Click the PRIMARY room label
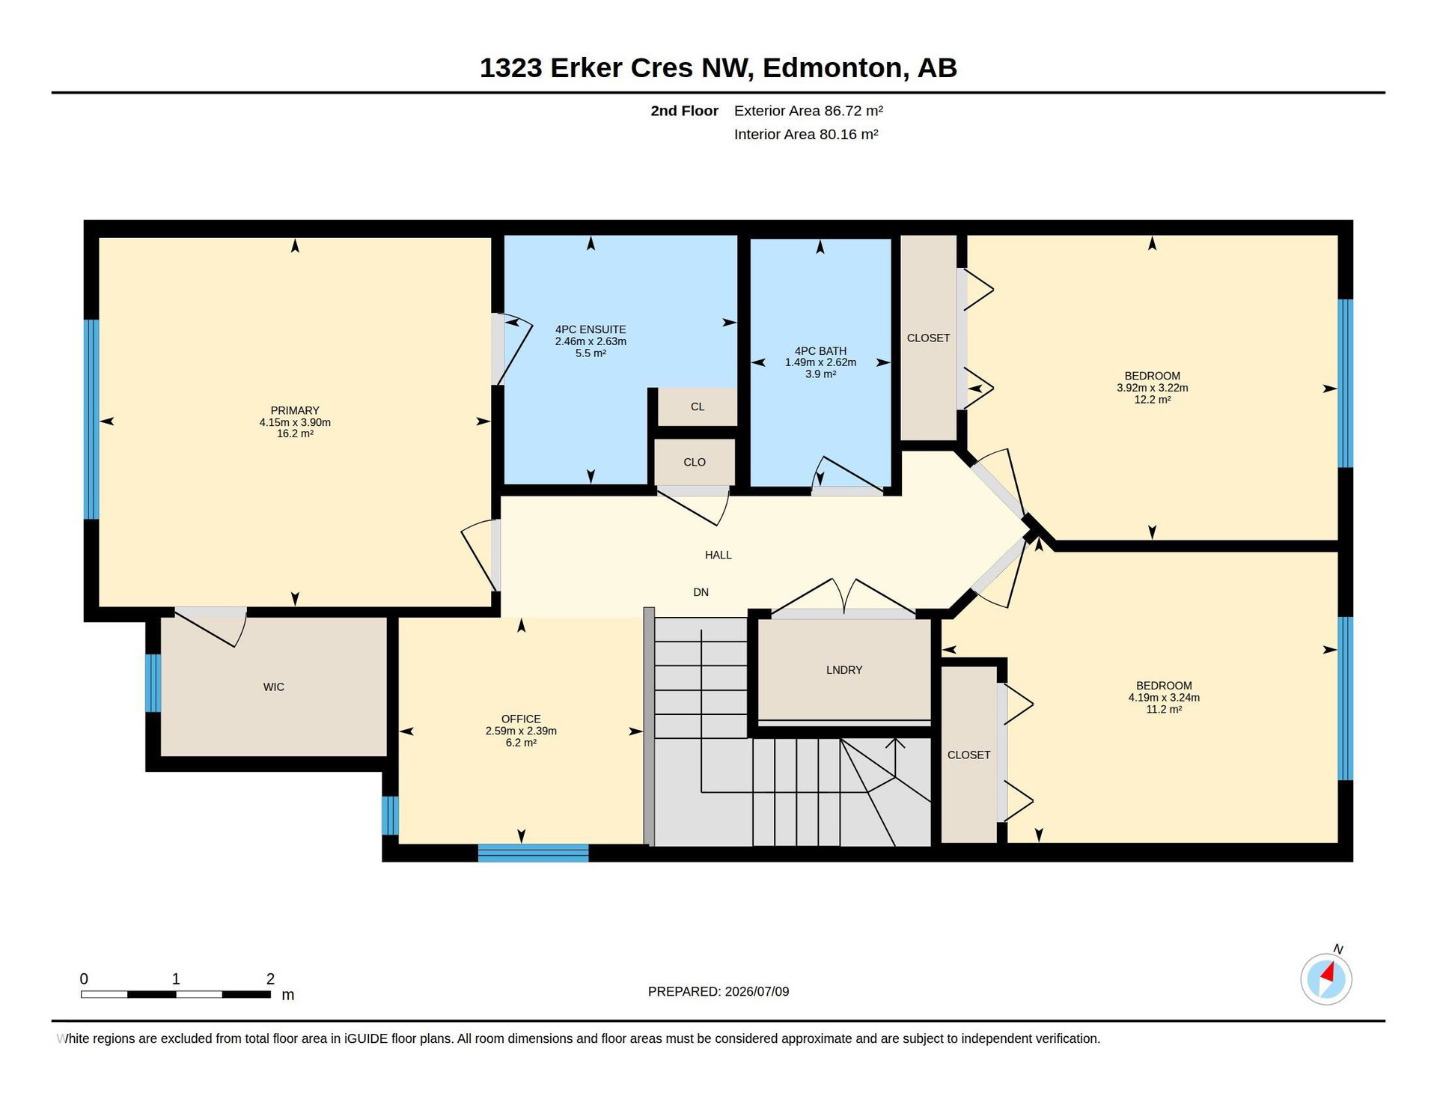pyautogui.click(x=295, y=410)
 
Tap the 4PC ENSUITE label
pyautogui.click(x=591, y=329)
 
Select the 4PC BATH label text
pyautogui.click(x=820, y=351)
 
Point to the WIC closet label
pyautogui.click(x=274, y=687)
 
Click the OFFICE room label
pyautogui.click(x=521, y=719)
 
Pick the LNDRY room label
pyautogui.click(x=844, y=670)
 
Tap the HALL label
pyautogui.click(x=718, y=555)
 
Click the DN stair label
pyautogui.click(x=701, y=592)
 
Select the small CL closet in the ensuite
pyautogui.click(x=698, y=407)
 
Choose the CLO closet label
pyautogui.click(x=695, y=463)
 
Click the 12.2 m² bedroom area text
pyautogui.click(x=1153, y=400)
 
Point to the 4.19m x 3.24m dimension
pyautogui.click(x=1164, y=698)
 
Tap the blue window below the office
pyautogui.click(x=533, y=853)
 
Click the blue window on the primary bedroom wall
pyautogui.click(x=91, y=419)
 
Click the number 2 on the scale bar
pyautogui.click(x=270, y=979)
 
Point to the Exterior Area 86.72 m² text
pyautogui.click(x=808, y=111)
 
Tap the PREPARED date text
pyautogui.click(x=718, y=992)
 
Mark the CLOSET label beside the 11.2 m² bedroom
pyautogui.click(x=968, y=755)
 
